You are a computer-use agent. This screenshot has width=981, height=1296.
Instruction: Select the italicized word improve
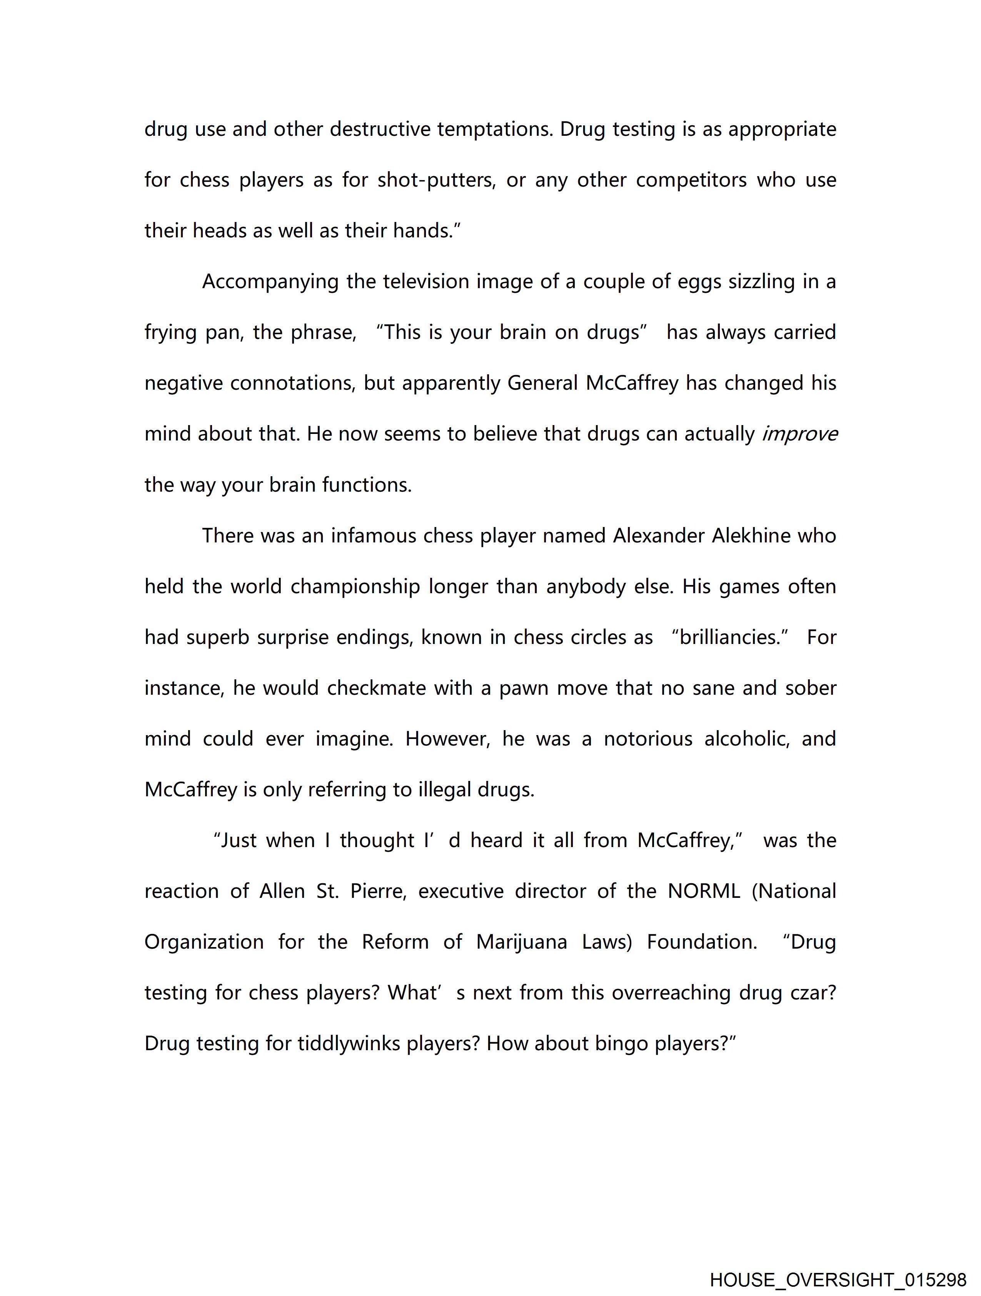click(x=799, y=434)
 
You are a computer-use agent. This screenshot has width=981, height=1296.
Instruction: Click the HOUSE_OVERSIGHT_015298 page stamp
click(x=838, y=1279)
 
